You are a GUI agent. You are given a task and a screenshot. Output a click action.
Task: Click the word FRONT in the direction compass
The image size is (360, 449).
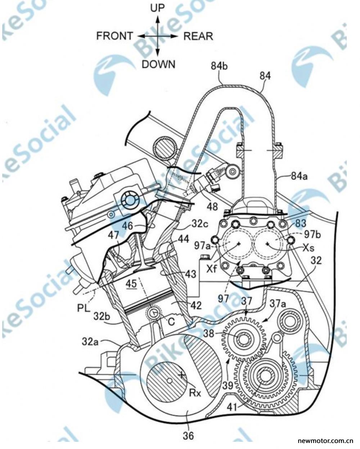[x=114, y=36]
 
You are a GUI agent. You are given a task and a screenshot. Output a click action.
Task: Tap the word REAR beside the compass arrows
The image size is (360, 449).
[x=198, y=36]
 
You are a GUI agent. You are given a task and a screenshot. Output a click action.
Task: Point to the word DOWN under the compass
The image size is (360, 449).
[x=158, y=64]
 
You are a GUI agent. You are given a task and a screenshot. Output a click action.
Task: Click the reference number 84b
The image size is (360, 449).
[x=220, y=66]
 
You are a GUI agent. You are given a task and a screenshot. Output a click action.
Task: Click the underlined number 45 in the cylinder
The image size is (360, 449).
[x=131, y=284]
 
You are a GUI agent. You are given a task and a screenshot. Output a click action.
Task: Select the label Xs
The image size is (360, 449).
[x=308, y=248]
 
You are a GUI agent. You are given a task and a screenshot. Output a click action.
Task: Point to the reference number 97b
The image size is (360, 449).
[x=313, y=234]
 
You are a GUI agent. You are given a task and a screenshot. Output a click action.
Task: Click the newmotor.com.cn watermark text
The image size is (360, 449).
[x=326, y=441]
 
